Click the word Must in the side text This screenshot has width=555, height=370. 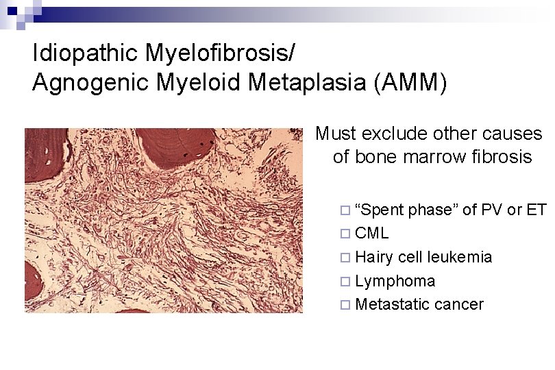(336, 134)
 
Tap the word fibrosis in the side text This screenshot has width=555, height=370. (501, 157)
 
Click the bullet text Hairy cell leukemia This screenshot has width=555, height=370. (423, 257)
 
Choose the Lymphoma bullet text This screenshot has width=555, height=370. (395, 281)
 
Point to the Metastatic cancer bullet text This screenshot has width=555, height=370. (419, 304)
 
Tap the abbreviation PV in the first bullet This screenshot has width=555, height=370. (492, 210)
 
